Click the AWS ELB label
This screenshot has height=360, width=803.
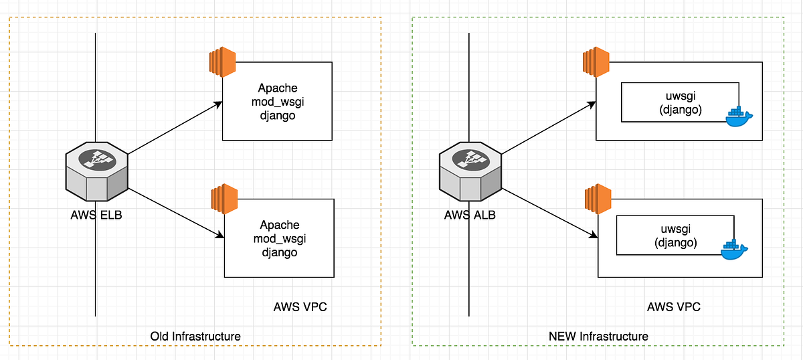coord(97,215)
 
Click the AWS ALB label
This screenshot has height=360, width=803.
coord(470,215)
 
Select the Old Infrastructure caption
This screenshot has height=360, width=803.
coord(195,335)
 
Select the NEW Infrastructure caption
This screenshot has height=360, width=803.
coord(597,335)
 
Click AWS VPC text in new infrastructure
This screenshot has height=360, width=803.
coord(674,307)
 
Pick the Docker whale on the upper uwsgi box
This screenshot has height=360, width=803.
coord(739,116)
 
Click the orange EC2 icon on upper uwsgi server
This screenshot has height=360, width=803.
coord(595,62)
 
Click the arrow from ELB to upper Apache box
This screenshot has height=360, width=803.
coord(174,128)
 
